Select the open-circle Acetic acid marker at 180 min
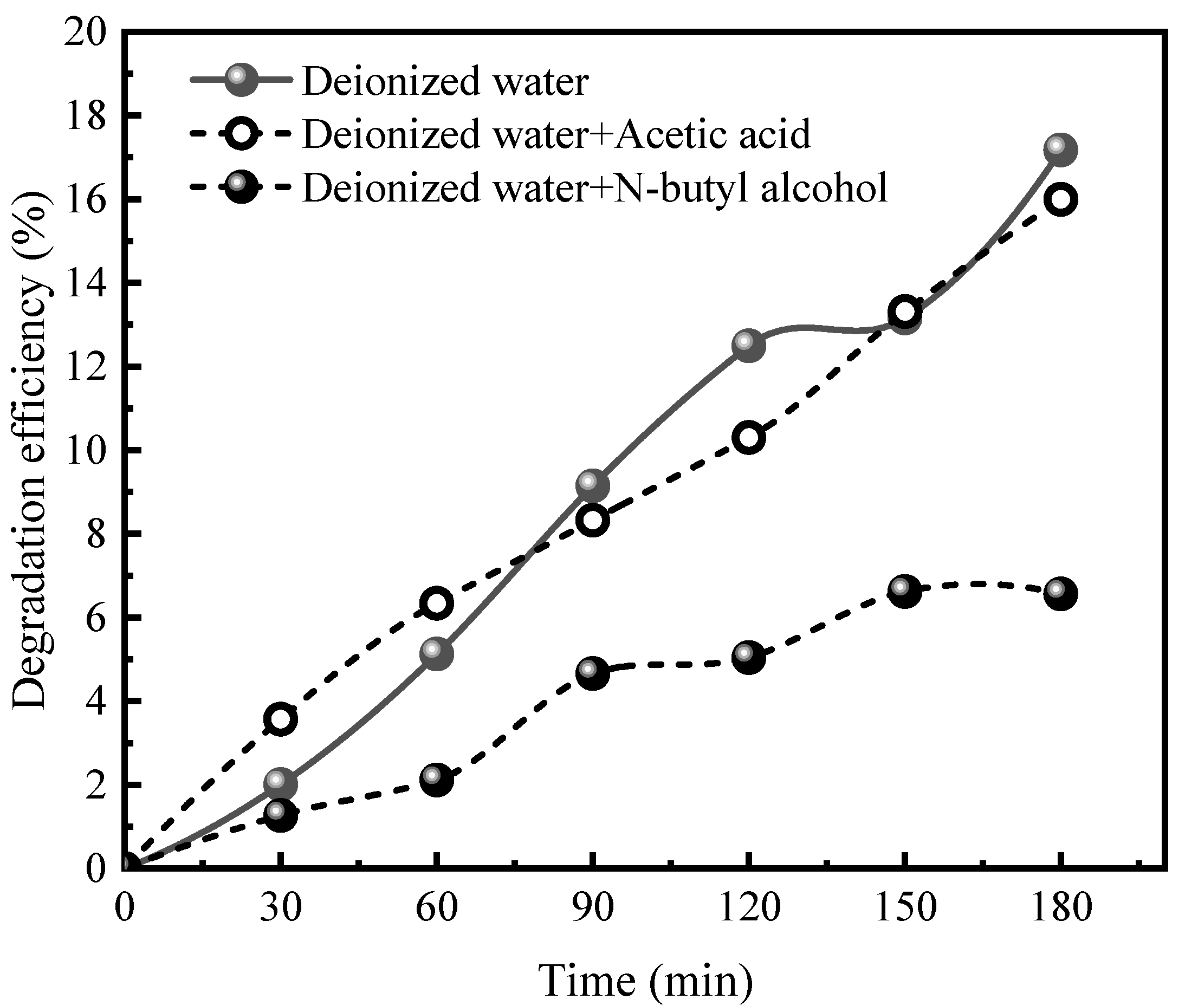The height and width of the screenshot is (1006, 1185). (x=1060, y=199)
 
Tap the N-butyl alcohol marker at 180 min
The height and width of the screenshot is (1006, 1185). (x=1060, y=594)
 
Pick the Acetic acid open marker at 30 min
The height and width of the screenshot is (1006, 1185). (x=280, y=719)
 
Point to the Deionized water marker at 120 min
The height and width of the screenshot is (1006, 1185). (x=748, y=346)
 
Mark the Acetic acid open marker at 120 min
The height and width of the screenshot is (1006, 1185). (x=749, y=438)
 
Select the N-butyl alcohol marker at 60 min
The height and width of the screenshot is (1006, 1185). (x=436, y=780)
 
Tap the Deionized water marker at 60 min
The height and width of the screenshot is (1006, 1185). (x=436, y=653)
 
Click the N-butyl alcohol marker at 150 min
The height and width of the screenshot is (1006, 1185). (x=904, y=592)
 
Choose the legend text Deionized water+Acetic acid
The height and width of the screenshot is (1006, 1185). (x=556, y=134)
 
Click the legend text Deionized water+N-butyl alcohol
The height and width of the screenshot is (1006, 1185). (x=595, y=187)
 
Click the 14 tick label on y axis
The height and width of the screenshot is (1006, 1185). (x=86, y=283)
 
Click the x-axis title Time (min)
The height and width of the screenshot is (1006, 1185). (x=645, y=981)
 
